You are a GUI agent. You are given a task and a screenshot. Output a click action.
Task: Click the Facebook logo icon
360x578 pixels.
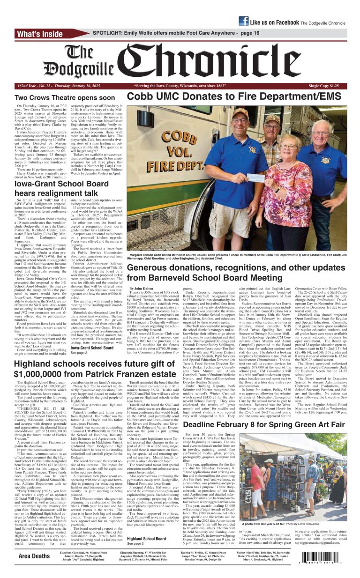[x=243, y=21]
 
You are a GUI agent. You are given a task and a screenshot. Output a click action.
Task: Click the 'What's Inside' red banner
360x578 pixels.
[x=46, y=34]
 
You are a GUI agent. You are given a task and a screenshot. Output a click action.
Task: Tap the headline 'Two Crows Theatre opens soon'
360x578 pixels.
[x=71, y=98]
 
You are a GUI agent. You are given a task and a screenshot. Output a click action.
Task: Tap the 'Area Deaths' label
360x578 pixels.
[x=34, y=556]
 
